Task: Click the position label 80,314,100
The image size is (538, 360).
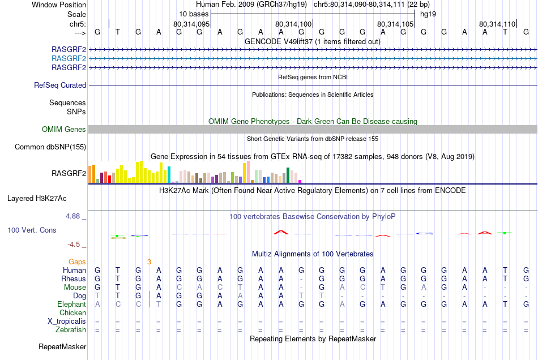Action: click(x=293, y=24)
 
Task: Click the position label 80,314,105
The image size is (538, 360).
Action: click(x=395, y=24)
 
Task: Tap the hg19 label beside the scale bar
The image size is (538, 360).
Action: click(x=428, y=14)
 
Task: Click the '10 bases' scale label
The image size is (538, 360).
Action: click(x=193, y=14)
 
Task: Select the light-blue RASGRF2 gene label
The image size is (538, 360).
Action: click(x=69, y=58)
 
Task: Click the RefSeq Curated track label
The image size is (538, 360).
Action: click(x=60, y=85)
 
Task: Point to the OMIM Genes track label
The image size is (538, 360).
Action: click(x=64, y=130)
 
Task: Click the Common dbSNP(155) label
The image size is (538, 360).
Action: click(x=50, y=147)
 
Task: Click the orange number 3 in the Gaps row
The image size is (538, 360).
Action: click(x=149, y=262)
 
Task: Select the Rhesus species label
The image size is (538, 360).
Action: click(x=74, y=279)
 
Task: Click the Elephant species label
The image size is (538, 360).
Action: click(x=71, y=305)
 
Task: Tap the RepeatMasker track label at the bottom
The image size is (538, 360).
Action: click(x=62, y=346)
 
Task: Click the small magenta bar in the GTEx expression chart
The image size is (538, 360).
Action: click(x=300, y=181)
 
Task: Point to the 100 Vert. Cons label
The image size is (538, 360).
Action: click(x=31, y=230)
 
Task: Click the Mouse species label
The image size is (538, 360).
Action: click(x=75, y=288)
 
